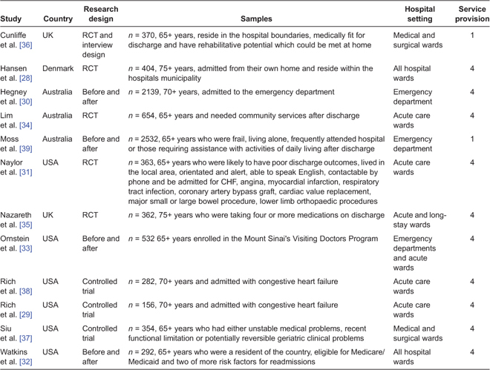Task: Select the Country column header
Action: [58, 18]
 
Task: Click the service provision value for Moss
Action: [471, 139]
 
